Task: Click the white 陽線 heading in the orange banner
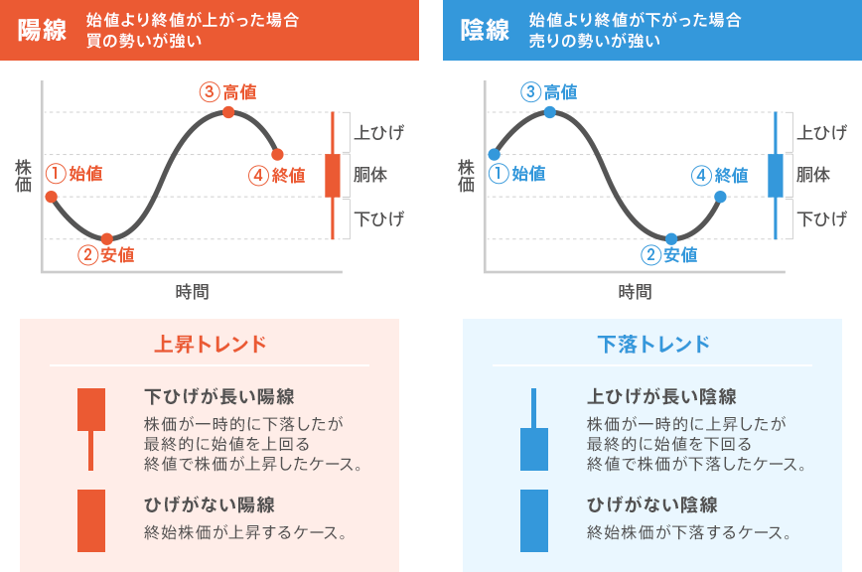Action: (x=42, y=30)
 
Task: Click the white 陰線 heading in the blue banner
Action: (x=485, y=30)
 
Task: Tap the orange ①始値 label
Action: (x=74, y=174)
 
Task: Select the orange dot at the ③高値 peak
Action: (x=228, y=112)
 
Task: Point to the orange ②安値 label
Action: (x=105, y=255)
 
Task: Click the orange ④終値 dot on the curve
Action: (x=277, y=154)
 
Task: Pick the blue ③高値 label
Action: (x=549, y=92)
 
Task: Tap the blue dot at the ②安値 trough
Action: (x=671, y=238)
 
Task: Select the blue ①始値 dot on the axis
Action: (x=494, y=154)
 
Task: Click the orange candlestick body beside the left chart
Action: (x=333, y=175)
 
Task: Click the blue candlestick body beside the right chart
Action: (x=776, y=175)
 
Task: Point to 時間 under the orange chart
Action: (x=193, y=292)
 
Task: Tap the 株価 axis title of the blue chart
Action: (x=466, y=175)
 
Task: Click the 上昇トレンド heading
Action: (x=210, y=345)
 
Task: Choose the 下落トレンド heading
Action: (x=652, y=345)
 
